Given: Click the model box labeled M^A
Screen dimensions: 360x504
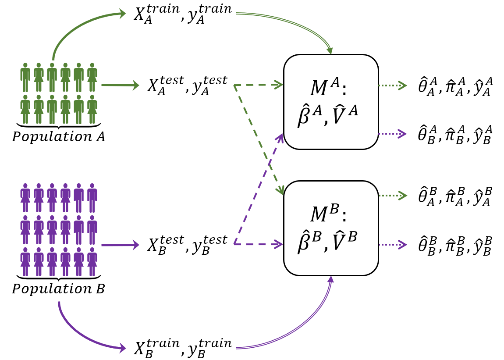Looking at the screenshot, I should (x=331, y=102).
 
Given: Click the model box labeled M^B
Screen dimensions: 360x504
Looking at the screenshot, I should (x=331, y=228).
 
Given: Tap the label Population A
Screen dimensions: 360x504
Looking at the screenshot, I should (x=58, y=137).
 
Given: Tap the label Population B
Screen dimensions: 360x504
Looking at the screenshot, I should (x=58, y=289).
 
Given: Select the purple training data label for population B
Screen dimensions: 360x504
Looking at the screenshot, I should (x=182, y=348).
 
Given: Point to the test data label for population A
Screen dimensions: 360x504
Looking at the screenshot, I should (x=187, y=85).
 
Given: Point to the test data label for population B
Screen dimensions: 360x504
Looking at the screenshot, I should (x=187, y=245).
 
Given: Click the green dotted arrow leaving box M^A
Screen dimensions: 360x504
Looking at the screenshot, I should (x=393, y=86).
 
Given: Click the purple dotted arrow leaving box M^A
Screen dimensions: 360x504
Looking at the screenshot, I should (x=393, y=134).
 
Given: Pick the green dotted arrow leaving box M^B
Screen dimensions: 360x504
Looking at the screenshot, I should (x=393, y=196).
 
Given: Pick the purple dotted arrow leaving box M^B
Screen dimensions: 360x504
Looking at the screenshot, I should (x=393, y=245).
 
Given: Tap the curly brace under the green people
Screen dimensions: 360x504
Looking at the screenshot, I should (x=58, y=125).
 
